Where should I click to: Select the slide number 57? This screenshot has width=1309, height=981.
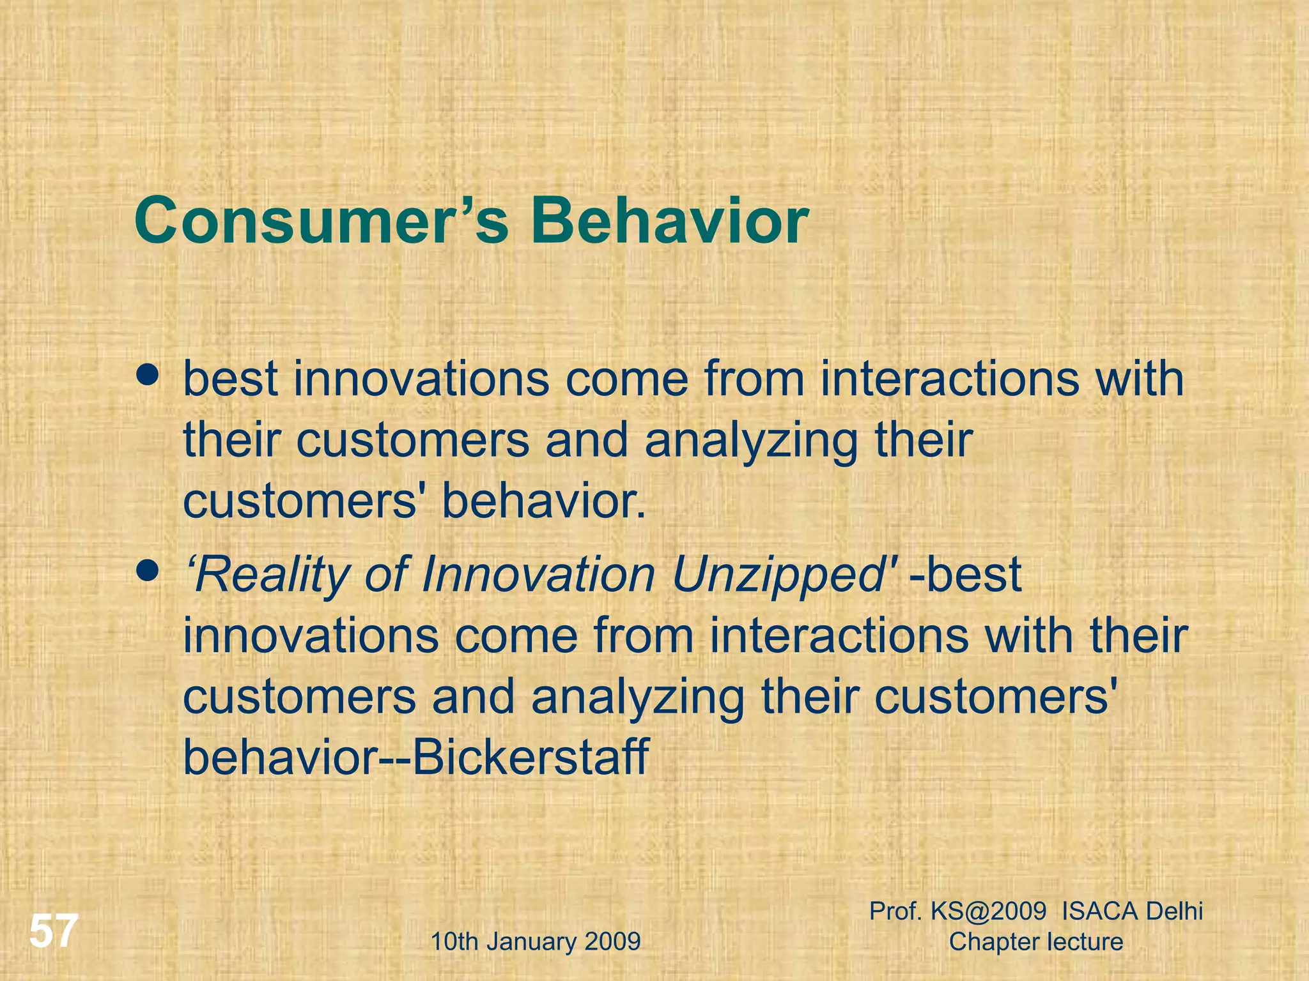54,931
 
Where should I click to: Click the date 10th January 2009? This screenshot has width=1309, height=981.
536,942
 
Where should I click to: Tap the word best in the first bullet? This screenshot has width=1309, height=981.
230,379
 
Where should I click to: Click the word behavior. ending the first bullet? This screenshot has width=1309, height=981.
544,501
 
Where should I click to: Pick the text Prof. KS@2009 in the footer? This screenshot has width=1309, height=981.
958,911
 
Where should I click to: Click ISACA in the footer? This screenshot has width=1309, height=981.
1100,911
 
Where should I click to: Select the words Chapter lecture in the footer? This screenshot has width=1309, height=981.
1036,942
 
